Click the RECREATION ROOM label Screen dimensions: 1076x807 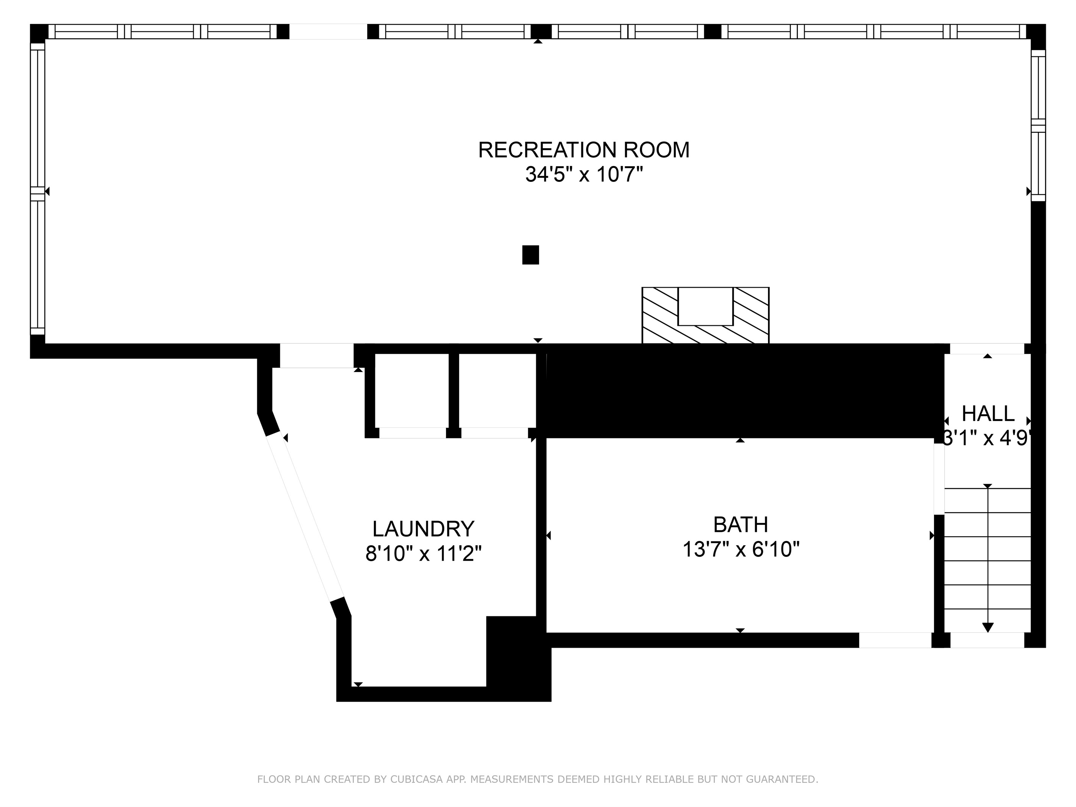[x=584, y=150]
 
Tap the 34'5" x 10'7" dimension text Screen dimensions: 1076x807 [x=584, y=174]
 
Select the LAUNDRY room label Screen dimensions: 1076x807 [x=423, y=529]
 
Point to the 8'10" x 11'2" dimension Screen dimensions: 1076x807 [x=423, y=554]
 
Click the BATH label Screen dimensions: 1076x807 [x=740, y=525]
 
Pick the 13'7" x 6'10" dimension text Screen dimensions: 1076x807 [x=741, y=550]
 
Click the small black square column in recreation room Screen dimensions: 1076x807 [x=530, y=255]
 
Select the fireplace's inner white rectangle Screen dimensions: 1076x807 [x=705, y=306]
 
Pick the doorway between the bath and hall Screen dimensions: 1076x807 [x=939, y=479]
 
